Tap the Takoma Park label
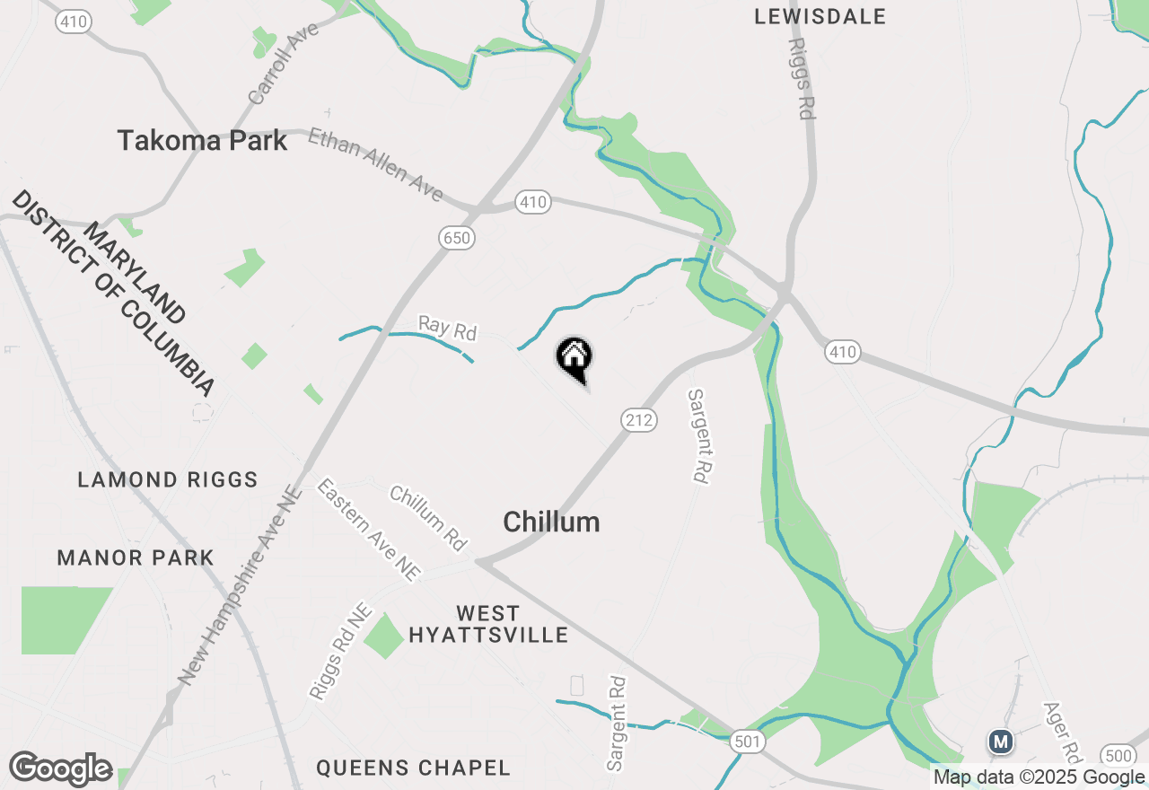(x=203, y=141)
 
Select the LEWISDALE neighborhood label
(x=820, y=16)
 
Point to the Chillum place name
(x=551, y=522)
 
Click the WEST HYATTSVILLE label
(x=488, y=625)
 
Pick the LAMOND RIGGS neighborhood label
(x=168, y=479)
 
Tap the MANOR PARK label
(x=136, y=557)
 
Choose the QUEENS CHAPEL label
(x=413, y=768)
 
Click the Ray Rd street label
(x=447, y=328)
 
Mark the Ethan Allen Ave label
(x=375, y=164)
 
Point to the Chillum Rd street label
(x=429, y=518)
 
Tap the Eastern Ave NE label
(x=368, y=530)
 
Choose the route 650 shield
(x=457, y=238)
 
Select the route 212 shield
(x=639, y=419)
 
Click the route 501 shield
(x=747, y=742)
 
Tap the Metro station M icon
(x=1000, y=742)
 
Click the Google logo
(x=60, y=768)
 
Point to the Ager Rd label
(x=1061, y=729)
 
